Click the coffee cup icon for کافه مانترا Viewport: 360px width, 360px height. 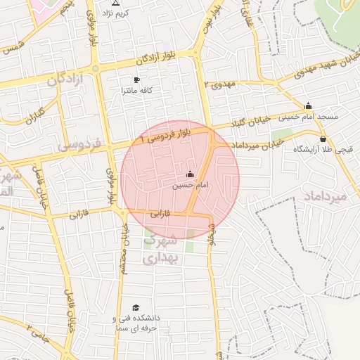136,80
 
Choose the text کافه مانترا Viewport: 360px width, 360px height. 137,91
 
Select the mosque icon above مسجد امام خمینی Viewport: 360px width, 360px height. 308,106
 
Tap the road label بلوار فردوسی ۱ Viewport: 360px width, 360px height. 165,134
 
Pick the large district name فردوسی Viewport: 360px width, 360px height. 79,146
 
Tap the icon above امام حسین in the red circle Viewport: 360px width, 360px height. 190,174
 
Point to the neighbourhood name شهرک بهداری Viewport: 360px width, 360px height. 162,249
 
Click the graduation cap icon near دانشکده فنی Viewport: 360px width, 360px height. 135,307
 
